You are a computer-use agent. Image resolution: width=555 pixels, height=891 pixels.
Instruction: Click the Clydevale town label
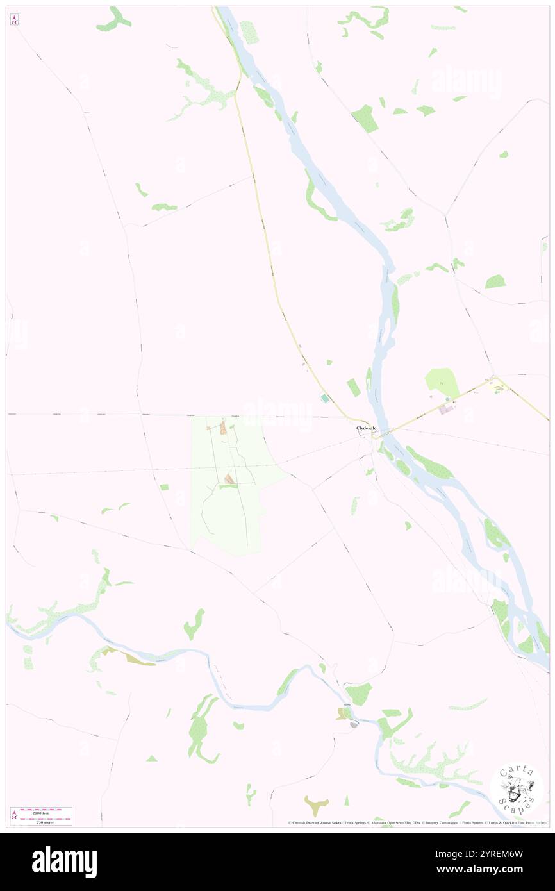[x=367, y=428]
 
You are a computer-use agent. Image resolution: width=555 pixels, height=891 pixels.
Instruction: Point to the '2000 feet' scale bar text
[x=41, y=813]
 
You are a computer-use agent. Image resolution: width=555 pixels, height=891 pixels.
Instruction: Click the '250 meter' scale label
[x=41, y=821]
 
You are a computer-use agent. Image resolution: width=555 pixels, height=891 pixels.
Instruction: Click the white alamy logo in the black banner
[x=64, y=862]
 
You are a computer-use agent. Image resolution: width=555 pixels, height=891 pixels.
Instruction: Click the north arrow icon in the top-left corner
[x=14, y=20]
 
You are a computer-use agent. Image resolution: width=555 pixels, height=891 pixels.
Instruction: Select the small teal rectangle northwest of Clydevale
[x=325, y=399]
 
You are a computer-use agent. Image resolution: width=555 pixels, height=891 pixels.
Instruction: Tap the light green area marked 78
[x=442, y=383]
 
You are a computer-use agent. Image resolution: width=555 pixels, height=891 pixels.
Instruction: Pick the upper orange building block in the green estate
[x=223, y=428]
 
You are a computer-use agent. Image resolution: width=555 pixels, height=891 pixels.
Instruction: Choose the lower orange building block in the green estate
[x=229, y=478]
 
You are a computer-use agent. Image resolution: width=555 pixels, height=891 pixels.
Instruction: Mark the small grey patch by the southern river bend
[x=353, y=724]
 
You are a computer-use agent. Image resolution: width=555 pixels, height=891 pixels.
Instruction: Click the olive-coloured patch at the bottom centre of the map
[x=316, y=804]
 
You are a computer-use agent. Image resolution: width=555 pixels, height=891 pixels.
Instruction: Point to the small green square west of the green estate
[x=164, y=487]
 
